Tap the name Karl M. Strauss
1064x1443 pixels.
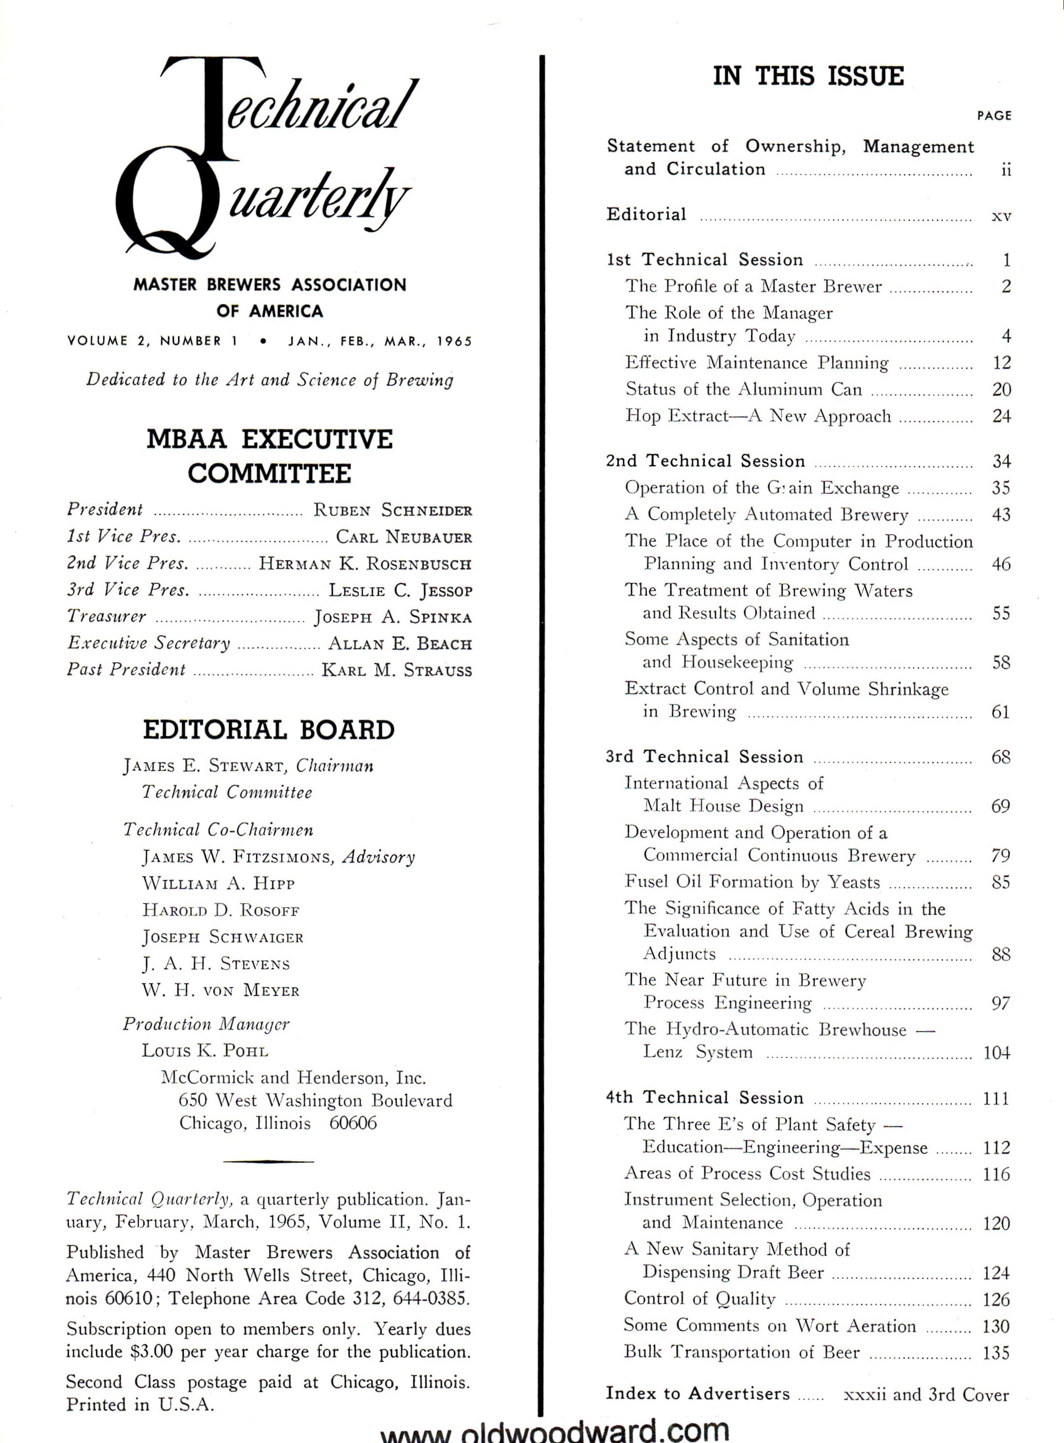point(396,670)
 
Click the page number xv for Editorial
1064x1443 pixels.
point(1001,217)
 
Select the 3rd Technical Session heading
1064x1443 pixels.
point(704,756)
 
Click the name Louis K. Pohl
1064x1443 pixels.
point(205,1051)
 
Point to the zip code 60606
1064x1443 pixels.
point(353,1123)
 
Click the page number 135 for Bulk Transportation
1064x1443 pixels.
point(996,1352)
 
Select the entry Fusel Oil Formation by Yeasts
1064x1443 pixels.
point(752,882)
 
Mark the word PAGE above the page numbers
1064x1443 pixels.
point(994,116)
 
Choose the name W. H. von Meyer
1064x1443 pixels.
point(220,991)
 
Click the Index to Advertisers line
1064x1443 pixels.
point(698,1394)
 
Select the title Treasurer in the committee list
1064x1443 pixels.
point(106,617)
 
